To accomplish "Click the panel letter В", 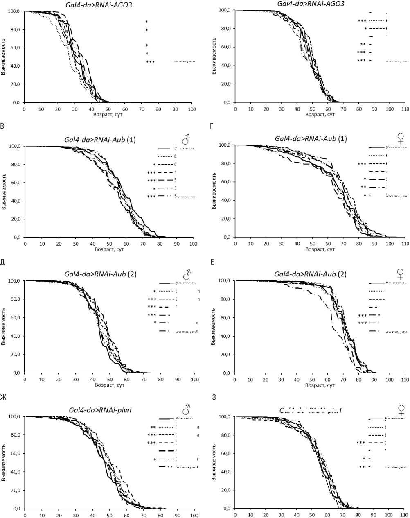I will (x=3, y=126).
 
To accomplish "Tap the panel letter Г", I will (x=211, y=126).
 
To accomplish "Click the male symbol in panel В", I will (x=186, y=140).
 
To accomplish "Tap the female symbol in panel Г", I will (x=401, y=139).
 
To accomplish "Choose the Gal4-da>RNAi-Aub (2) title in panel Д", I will (x=102, y=274).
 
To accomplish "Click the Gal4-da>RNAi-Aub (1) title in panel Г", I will (x=311, y=138).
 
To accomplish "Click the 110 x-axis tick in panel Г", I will (x=405, y=244).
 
